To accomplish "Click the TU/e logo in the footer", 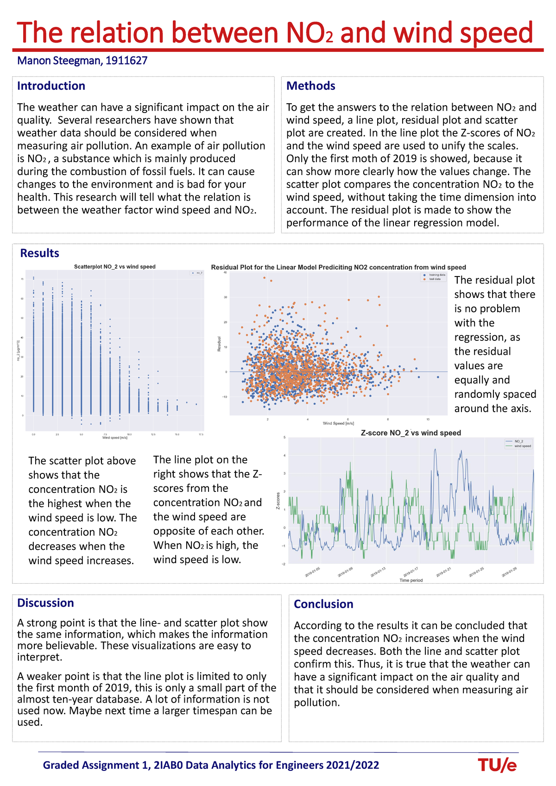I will [x=497, y=765].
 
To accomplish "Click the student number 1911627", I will [x=126, y=61].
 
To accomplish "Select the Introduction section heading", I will [x=51, y=86].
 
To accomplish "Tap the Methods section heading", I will [x=310, y=86].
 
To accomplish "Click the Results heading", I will [x=40, y=253].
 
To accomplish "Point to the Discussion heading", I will [x=45, y=603].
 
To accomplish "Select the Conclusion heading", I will [x=323, y=604].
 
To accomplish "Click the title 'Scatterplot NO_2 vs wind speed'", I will [x=115, y=267].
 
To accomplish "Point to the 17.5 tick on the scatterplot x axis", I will [x=201, y=434].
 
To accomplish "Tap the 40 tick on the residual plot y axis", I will [x=225, y=273].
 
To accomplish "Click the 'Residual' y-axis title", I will [x=219, y=343].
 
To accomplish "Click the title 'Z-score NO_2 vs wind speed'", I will [x=411, y=433].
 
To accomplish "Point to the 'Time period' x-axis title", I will [x=411, y=580].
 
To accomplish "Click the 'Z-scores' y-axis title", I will [x=278, y=501].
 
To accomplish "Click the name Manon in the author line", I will [x=34, y=61].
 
